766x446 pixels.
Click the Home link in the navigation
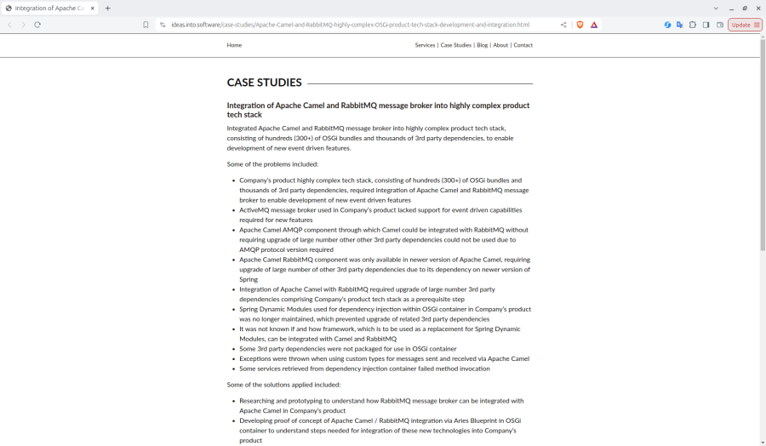234,45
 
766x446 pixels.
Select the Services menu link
425,45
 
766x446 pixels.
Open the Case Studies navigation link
455,45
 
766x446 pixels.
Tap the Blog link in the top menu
482,45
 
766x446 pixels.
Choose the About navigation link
500,45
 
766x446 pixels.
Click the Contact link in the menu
523,45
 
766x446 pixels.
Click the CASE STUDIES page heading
264,83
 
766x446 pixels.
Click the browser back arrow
9,25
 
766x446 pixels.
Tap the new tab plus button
108,8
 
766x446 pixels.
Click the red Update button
744,25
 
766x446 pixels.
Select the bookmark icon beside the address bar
146,25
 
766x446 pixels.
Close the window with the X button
758,8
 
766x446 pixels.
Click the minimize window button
731,8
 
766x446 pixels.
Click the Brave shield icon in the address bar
580,25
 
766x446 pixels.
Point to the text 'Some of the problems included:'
272,164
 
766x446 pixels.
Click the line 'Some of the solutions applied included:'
283,385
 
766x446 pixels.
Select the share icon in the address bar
563,25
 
